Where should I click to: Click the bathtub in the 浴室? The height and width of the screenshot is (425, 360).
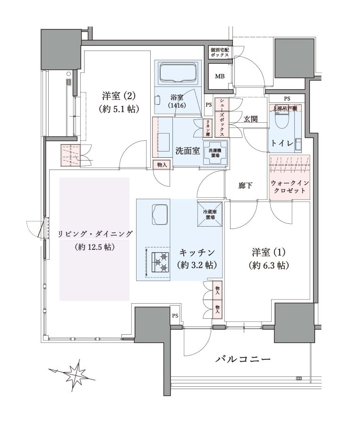[x=178, y=73]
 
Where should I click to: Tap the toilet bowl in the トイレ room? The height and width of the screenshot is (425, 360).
[x=282, y=120]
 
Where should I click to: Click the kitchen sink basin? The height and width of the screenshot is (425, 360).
[x=160, y=214]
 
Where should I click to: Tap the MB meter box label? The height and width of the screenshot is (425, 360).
[x=220, y=76]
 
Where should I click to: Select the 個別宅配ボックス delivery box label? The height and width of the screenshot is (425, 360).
[x=220, y=52]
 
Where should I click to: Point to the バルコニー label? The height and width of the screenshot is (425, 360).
[x=243, y=359]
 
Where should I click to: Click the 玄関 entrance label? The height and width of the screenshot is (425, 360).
[x=250, y=119]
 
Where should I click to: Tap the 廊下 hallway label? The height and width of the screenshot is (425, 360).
[x=245, y=186]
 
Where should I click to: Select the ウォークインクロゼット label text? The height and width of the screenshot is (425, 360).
[x=290, y=187]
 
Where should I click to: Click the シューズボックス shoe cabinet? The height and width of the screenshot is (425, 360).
[x=222, y=118]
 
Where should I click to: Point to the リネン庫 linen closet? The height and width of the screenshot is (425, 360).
[x=207, y=128]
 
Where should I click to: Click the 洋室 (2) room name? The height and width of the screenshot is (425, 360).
[x=119, y=96]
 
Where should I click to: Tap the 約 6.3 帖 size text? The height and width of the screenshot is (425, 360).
[x=268, y=265]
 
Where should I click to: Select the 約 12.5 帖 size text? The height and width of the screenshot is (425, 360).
[x=94, y=247]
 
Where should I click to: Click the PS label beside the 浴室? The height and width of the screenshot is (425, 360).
[x=208, y=105]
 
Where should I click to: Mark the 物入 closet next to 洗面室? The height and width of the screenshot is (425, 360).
[x=162, y=165]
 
